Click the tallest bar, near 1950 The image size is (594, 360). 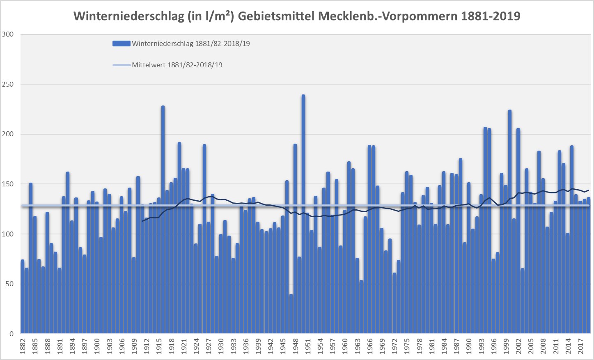click(303, 213)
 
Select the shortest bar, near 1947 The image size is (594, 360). click(291, 314)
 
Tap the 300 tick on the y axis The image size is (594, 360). click(8, 34)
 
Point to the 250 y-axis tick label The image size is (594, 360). click(8, 84)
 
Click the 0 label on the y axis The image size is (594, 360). click(11, 334)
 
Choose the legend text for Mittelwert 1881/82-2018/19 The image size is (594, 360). click(177, 65)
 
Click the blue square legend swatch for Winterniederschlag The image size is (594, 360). click(122, 44)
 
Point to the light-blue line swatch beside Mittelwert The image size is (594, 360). click(122, 65)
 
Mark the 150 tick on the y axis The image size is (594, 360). click(8, 184)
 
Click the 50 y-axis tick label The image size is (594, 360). click(9, 284)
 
